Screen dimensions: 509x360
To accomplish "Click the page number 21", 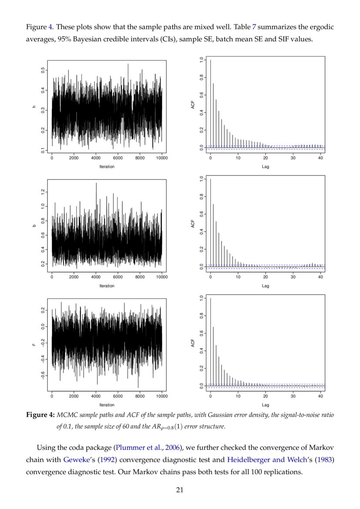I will click(180, 490).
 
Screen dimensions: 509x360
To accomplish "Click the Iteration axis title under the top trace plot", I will click(107, 167).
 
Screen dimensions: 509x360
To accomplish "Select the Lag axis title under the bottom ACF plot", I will click(266, 405).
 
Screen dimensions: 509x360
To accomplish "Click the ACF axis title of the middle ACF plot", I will click(192, 224).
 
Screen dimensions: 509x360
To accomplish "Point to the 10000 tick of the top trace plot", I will click(161, 158).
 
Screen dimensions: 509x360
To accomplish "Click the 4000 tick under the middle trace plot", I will click(96, 277).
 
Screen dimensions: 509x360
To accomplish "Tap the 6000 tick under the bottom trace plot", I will click(118, 396).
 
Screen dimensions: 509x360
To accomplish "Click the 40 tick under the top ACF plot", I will click(320, 158).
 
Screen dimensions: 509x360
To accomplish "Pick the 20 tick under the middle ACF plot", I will click(266, 277).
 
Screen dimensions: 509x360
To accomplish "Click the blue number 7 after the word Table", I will click(254, 27).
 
